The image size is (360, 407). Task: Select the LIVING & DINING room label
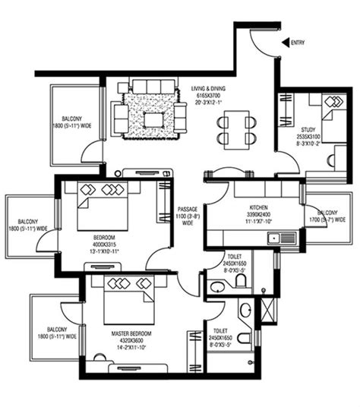click(x=213, y=90)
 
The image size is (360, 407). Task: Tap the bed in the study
click(x=332, y=114)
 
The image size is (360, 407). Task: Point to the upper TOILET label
click(x=234, y=258)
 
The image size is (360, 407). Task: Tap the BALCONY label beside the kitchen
click(x=328, y=213)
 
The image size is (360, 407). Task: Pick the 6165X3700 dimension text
click(x=213, y=97)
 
